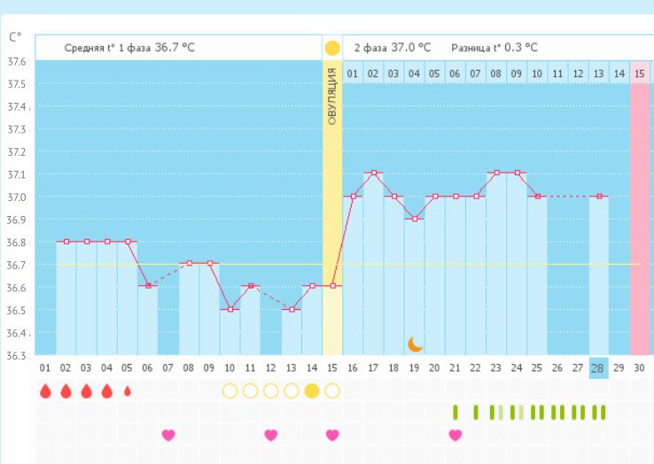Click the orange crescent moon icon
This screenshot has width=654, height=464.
pos(416,344)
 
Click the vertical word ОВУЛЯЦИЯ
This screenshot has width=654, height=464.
pos(331,95)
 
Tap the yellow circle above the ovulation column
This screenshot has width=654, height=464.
pos(331,48)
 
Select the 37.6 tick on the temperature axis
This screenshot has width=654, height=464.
pos(16,62)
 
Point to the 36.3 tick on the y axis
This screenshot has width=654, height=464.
pos(16,356)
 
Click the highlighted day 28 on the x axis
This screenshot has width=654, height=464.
pos(599,367)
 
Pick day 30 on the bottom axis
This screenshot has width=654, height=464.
pos(640,367)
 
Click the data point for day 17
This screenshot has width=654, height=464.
pos(373,173)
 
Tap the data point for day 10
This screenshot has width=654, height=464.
pos(230,309)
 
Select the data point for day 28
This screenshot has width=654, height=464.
pos(599,196)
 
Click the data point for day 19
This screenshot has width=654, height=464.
pos(414,219)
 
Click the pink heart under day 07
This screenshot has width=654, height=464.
pos(168,435)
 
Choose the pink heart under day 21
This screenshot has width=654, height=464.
pos(455,435)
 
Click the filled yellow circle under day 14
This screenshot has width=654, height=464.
pos(312,391)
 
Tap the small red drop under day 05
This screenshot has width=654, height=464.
pos(127,391)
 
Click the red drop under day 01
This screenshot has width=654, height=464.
pos(45,391)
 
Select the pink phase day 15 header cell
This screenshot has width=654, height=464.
pos(639,73)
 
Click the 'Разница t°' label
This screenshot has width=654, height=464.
pos(479,48)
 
